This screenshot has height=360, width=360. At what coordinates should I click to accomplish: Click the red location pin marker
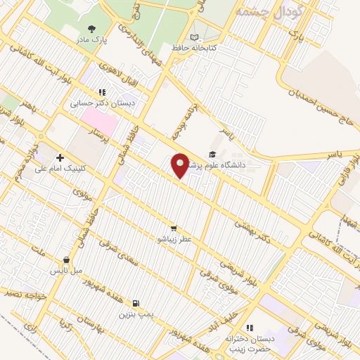181,165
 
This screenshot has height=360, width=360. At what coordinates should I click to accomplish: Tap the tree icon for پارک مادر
92,29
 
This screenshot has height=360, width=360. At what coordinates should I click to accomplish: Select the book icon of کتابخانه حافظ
194,37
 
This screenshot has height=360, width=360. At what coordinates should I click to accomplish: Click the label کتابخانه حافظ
192,48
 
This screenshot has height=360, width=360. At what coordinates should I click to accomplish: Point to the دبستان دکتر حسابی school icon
103,91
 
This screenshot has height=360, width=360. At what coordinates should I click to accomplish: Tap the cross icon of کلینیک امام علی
60,157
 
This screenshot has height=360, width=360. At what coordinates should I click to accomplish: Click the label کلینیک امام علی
64,168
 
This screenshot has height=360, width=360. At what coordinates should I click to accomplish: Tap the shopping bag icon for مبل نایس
66,259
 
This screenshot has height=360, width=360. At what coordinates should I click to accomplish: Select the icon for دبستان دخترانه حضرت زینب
248,328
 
